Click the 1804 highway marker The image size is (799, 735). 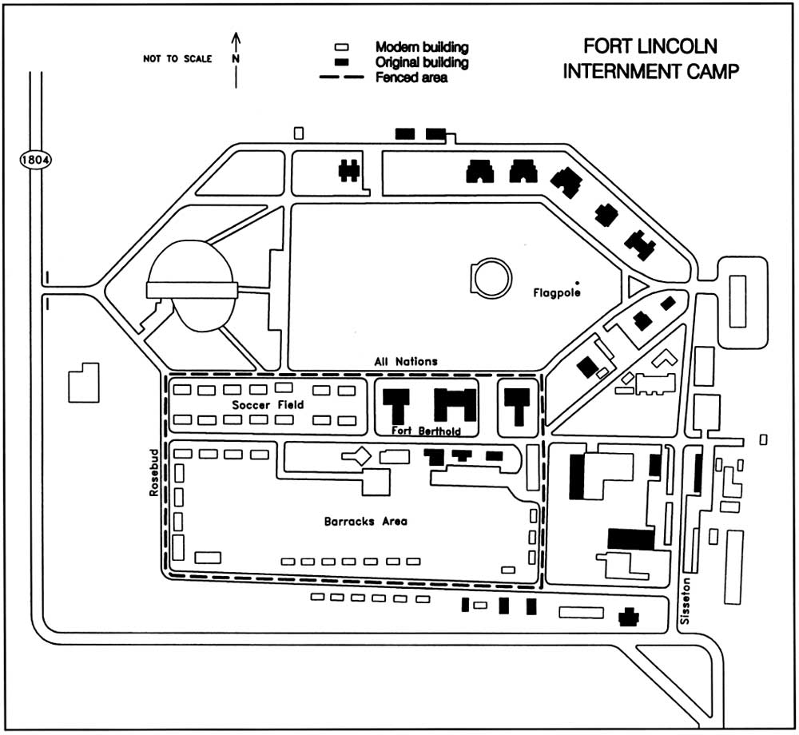(36, 160)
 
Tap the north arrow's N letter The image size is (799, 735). (236, 58)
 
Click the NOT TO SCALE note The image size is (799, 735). (177, 58)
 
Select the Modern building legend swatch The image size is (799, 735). (341, 47)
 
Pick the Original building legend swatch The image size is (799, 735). (341, 62)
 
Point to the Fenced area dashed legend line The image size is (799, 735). (341, 77)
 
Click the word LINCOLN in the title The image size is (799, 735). (678, 46)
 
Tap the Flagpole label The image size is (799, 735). (556, 293)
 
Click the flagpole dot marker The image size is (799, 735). (577, 283)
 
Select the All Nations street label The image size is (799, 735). (406, 362)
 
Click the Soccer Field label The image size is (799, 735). (268, 405)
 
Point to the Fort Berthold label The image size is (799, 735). (426, 431)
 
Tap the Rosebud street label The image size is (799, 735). (154, 473)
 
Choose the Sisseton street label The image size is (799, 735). (685, 601)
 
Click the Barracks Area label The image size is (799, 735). (365, 522)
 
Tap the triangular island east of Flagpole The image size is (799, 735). (635, 286)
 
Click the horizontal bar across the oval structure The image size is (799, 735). (192, 290)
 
